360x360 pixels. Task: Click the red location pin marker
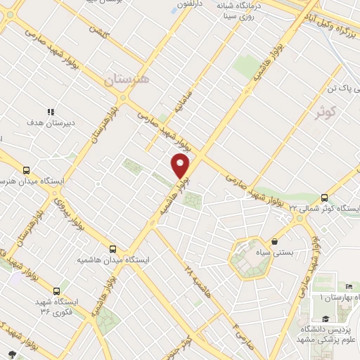[181, 165]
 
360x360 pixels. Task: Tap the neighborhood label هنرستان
[127, 79]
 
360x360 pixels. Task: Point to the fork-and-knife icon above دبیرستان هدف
[50, 112]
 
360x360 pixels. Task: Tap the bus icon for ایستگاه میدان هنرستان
[27, 170]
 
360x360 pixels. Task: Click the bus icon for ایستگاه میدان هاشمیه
[112, 248]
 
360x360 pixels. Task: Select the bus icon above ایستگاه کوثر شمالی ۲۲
[324, 198]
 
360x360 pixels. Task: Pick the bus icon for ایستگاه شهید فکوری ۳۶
[56, 290]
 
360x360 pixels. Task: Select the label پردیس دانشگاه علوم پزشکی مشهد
[328, 333]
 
